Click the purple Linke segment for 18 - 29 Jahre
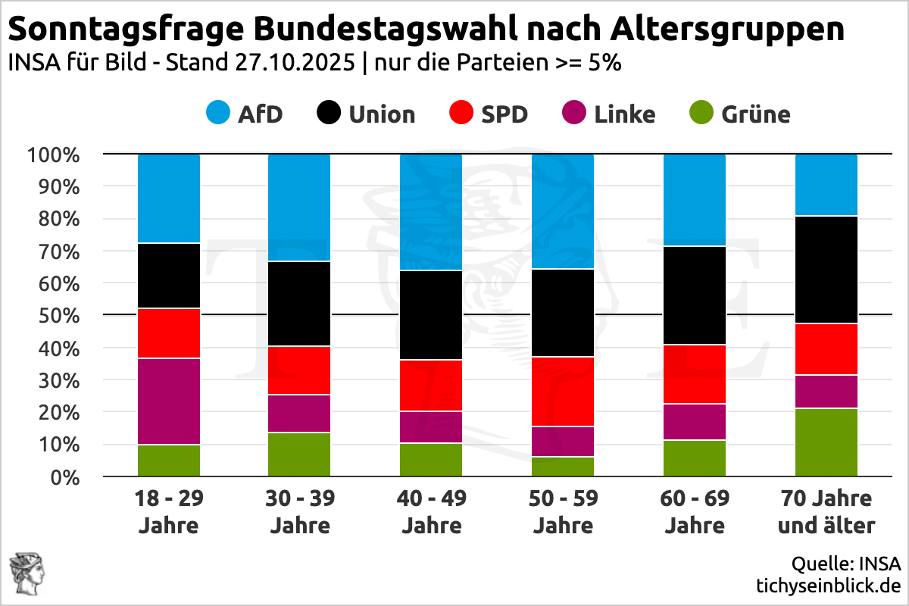point(169,401)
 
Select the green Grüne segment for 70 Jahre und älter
point(826,442)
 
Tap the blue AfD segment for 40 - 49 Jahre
point(431,212)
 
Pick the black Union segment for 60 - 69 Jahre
point(695,295)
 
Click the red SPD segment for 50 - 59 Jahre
point(563,392)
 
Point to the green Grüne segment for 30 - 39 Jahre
point(299,454)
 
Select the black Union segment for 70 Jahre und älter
point(826,270)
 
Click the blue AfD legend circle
point(219,114)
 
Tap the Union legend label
point(382,114)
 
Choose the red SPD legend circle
point(461,114)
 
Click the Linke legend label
point(625,114)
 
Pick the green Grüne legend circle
point(702,114)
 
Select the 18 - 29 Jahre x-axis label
point(169,511)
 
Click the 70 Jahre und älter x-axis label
point(826,511)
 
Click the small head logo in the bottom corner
point(25,573)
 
